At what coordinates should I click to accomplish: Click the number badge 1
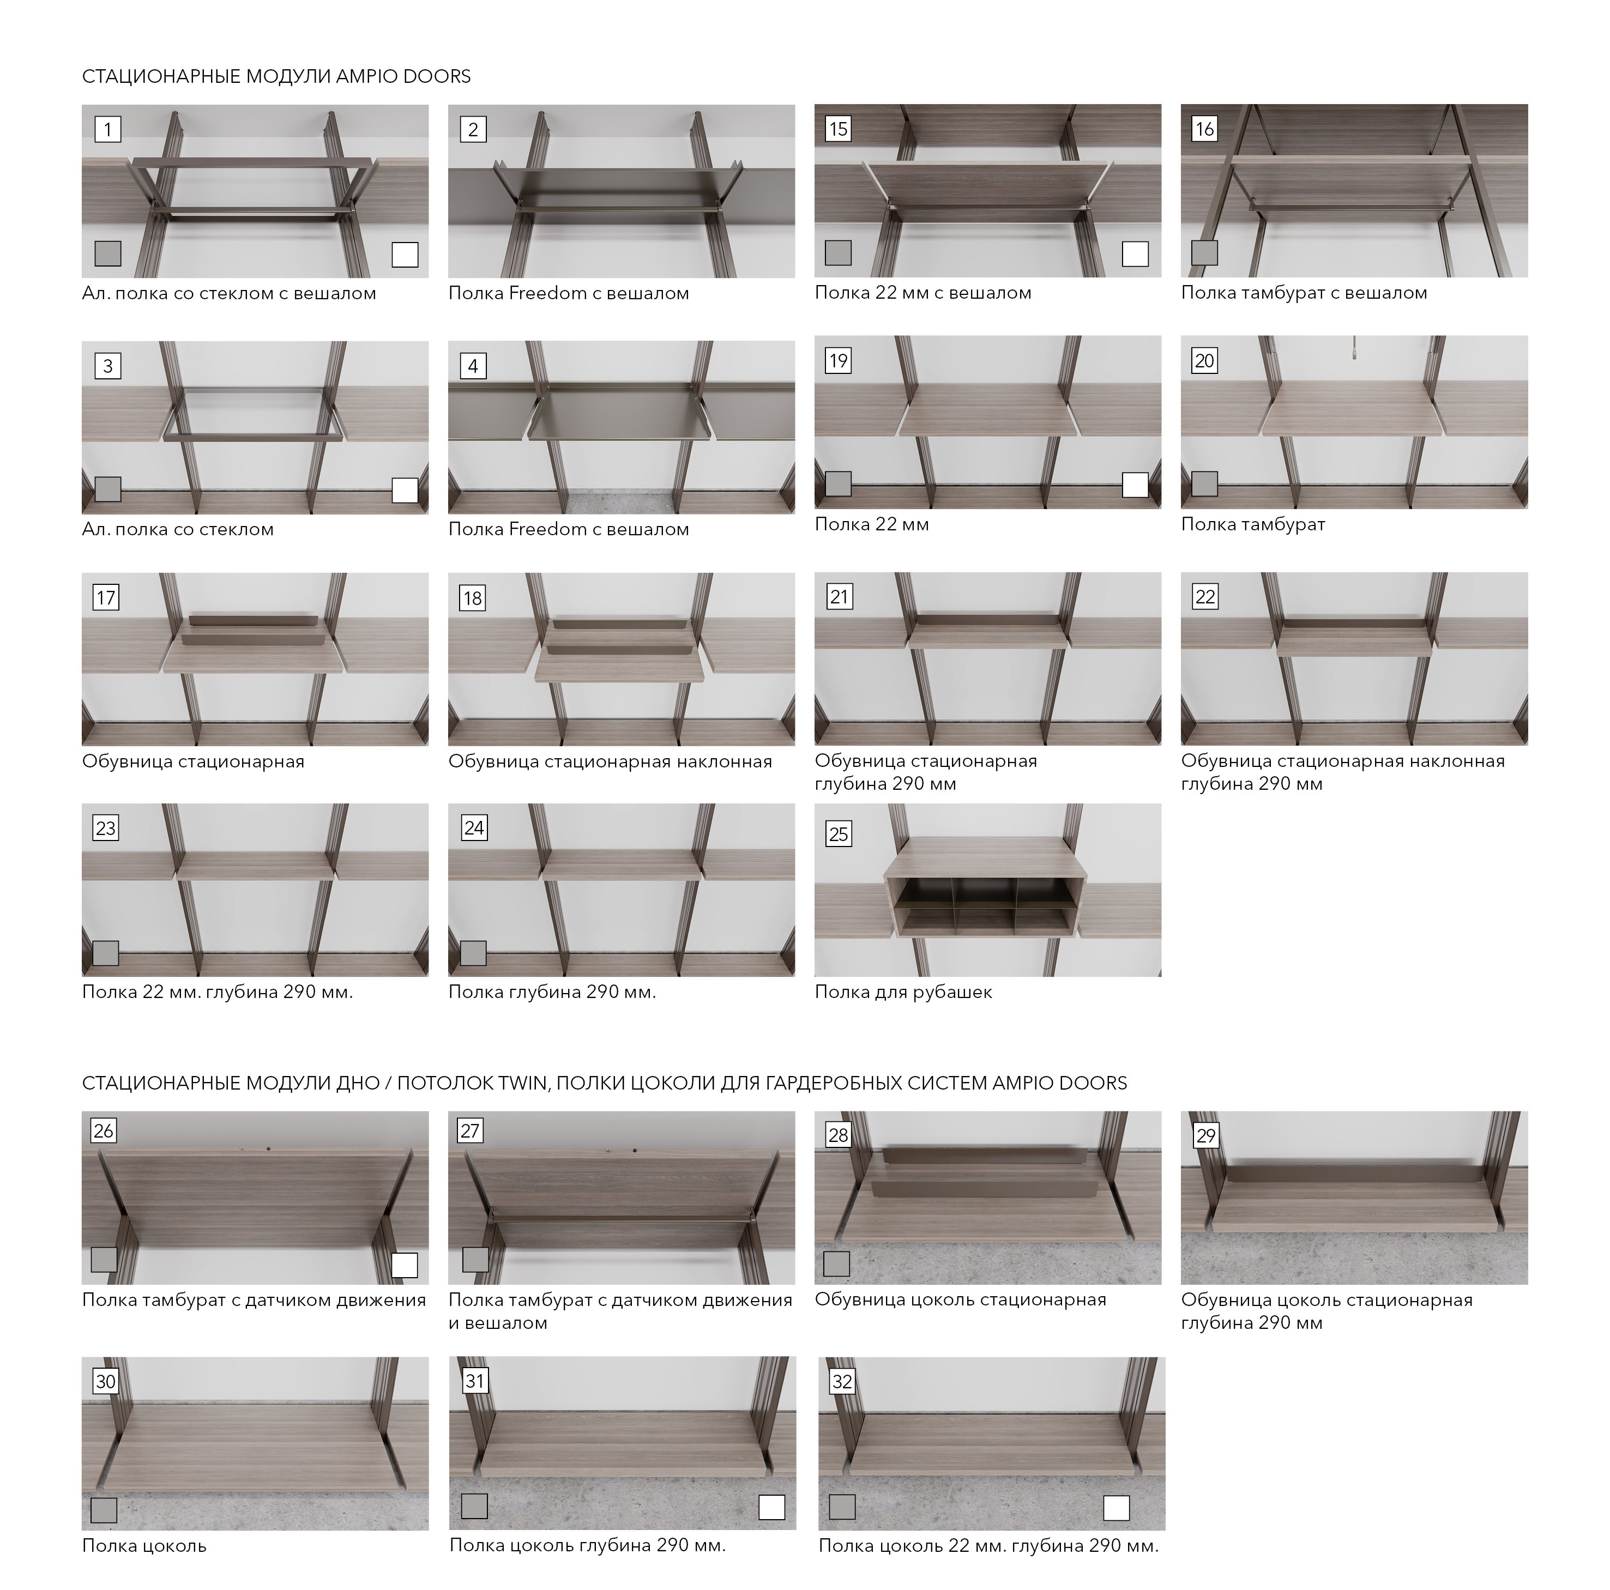click(x=107, y=129)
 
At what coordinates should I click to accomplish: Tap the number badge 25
click(x=839, y=833)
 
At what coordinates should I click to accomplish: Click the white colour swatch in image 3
click(x=405, y=489)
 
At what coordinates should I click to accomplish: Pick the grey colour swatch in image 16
click(x=1204, y=252)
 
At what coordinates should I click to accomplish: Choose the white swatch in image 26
click(x=404, y=1265)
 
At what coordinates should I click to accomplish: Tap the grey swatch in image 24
click(x=473, y=952)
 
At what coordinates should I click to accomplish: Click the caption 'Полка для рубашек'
click(x=903, y=992)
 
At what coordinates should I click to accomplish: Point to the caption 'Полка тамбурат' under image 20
click(x=1252, y=525)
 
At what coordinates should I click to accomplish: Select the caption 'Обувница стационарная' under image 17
click(x=194, y=761)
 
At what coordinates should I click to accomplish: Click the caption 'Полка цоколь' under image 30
click(x=144, y=1546)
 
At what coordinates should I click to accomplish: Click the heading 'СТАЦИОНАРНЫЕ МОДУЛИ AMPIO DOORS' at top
click(x=276, y=77)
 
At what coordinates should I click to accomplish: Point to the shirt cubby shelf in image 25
click(x=986, y=892)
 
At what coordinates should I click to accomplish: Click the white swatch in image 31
click(x=771, y=1507)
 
